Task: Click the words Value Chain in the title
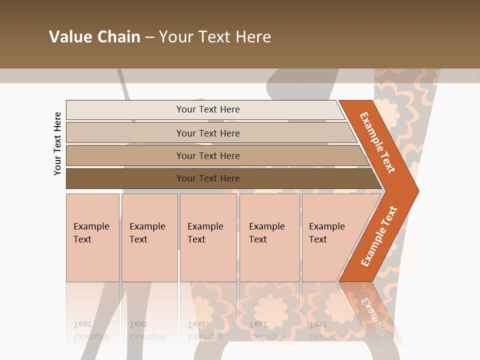(x=94, y=37)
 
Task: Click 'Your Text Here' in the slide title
(x=215, y=37)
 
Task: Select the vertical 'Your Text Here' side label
(x=57, y=143)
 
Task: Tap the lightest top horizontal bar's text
(x=208, y=109)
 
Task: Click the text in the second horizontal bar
(x=208, y=133)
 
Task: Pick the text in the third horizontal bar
(x=208, y=156)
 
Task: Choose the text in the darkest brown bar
(x=208, y=178)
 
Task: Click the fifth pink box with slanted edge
(x=327, y=233)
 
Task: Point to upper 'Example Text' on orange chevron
(x=377, y=142)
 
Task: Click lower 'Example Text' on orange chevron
(x=379, y=236)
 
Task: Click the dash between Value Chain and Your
(x=149, y=37)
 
